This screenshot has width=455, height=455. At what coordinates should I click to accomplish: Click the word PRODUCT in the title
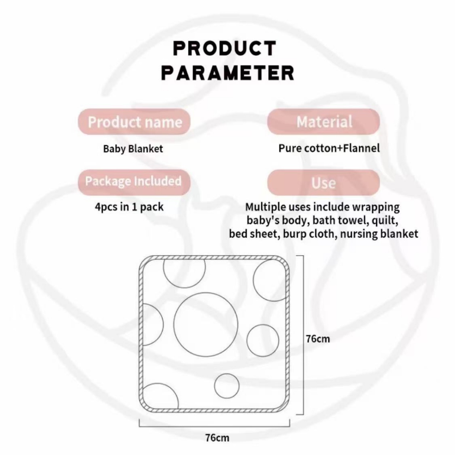(x=224, y=48)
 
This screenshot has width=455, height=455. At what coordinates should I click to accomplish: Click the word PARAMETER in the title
(x=227, y=73)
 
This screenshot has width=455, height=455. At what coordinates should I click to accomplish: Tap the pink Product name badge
(x=134, y=122)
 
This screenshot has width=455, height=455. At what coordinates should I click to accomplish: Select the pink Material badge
(x=323, y=122)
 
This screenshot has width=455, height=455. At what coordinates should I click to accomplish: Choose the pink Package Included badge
(x=134, y=182)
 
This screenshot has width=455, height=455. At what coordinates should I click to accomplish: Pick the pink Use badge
(x=323, y=182)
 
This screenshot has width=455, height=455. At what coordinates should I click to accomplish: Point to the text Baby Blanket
(x=133, y=149)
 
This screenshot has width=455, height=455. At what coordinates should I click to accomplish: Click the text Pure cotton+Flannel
(x=329, y=148)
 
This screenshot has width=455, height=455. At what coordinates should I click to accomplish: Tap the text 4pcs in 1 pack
(x=129, y=207)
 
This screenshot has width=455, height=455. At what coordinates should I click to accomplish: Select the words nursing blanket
(x=379, y=234)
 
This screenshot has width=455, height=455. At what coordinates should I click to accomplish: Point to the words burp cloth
(x=310, y=234)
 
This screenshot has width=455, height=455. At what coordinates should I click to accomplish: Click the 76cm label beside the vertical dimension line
(x=318, y=339)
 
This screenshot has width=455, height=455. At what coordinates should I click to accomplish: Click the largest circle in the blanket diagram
(x=206, y=324)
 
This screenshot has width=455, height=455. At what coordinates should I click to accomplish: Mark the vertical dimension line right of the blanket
(x=303, y=335)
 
